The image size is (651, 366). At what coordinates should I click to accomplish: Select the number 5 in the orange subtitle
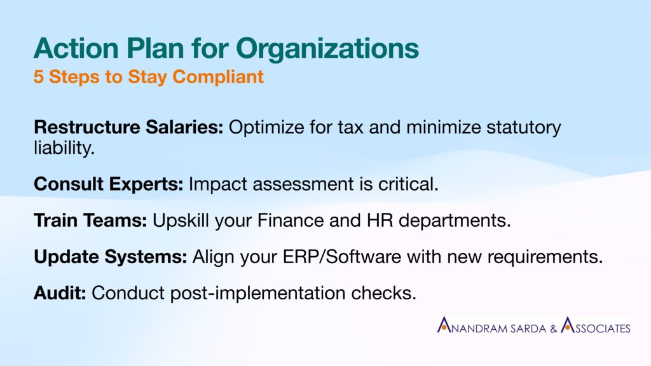(38, 77)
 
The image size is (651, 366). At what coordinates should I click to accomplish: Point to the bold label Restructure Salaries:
(128, 127)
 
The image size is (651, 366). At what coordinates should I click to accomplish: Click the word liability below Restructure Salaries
(62, 147)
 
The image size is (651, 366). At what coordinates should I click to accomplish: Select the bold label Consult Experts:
(108, 184)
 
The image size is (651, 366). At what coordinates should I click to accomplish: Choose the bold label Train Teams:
(90, 220)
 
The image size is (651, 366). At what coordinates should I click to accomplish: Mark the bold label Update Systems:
(111, 257)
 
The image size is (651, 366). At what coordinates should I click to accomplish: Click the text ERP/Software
(342, 257)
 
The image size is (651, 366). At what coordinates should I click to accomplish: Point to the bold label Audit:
(60, 293)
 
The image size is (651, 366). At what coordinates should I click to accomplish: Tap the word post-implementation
(258, 294)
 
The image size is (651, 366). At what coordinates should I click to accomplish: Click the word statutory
(524, 128)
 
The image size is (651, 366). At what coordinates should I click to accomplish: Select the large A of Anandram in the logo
(444, 325)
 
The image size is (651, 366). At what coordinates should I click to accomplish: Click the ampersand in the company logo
(554, 329)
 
